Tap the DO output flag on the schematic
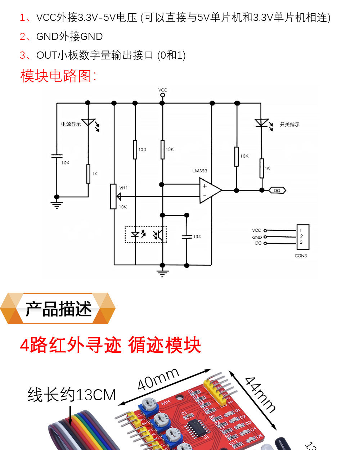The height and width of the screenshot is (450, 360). pos(277,190)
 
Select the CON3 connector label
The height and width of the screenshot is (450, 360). pos(301,256)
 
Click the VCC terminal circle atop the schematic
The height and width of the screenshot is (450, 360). pos(162,95)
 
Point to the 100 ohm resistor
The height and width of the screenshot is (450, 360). pos(135,149)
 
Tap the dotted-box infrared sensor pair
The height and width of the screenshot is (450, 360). pos(146,234)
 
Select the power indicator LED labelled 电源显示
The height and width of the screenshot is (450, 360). pos(88,122)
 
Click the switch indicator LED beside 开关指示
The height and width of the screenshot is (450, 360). pos(262,123)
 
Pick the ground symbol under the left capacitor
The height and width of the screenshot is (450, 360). pos(57,205)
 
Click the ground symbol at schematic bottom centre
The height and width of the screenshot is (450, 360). pos(162,272)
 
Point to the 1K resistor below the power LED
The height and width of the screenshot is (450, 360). pos(88,174)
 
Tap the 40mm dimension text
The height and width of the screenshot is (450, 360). pos(158,379)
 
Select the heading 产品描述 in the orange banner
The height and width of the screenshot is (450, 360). pos(58,309)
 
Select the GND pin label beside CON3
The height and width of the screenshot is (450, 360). pos(257,237)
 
